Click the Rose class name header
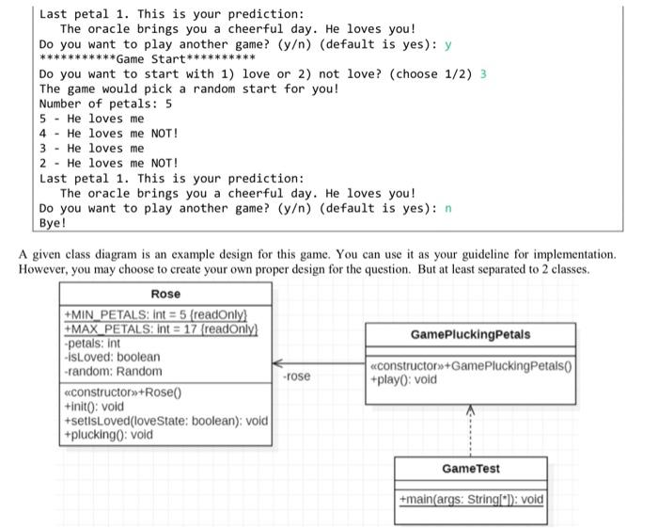(x=165, y=294)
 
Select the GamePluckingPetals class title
(x=470, y=334)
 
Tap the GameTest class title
(x=470, y=469)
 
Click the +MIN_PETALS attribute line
(x=154, y=313)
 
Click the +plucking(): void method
(x=108, y=435)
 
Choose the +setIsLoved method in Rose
(x=164, y=421)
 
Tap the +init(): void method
(x=94, y=407)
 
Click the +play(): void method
(x=403, y=379)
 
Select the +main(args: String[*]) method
(x=470, y=500)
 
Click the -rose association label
(x=296, y=376)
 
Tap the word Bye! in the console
(x=53, y=223)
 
